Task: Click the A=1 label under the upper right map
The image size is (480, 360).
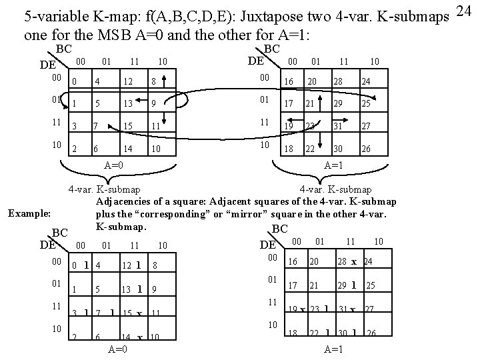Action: pos(333,164)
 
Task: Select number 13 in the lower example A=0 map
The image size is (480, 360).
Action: pos(125,289)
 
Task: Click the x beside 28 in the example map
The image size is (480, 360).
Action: pos(354,261)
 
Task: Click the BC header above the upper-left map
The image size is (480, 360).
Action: pos(63,49)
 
